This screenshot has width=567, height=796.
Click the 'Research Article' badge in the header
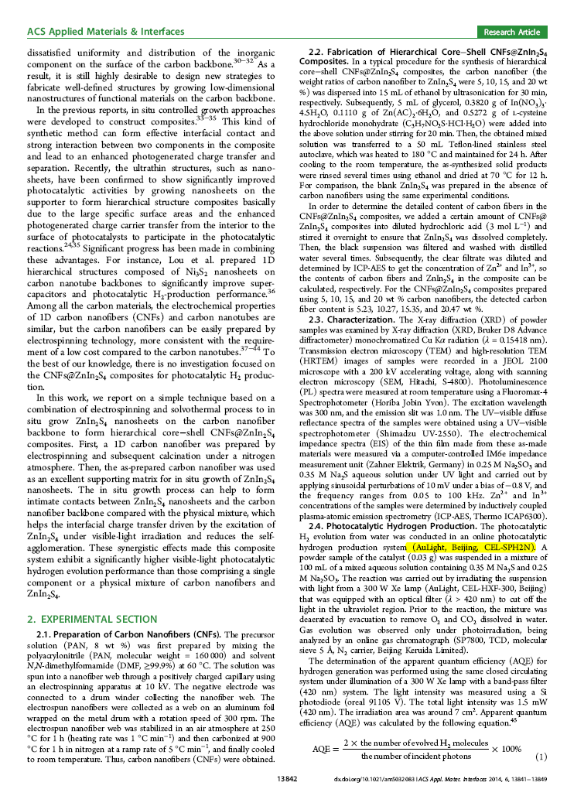click(511, 32)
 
